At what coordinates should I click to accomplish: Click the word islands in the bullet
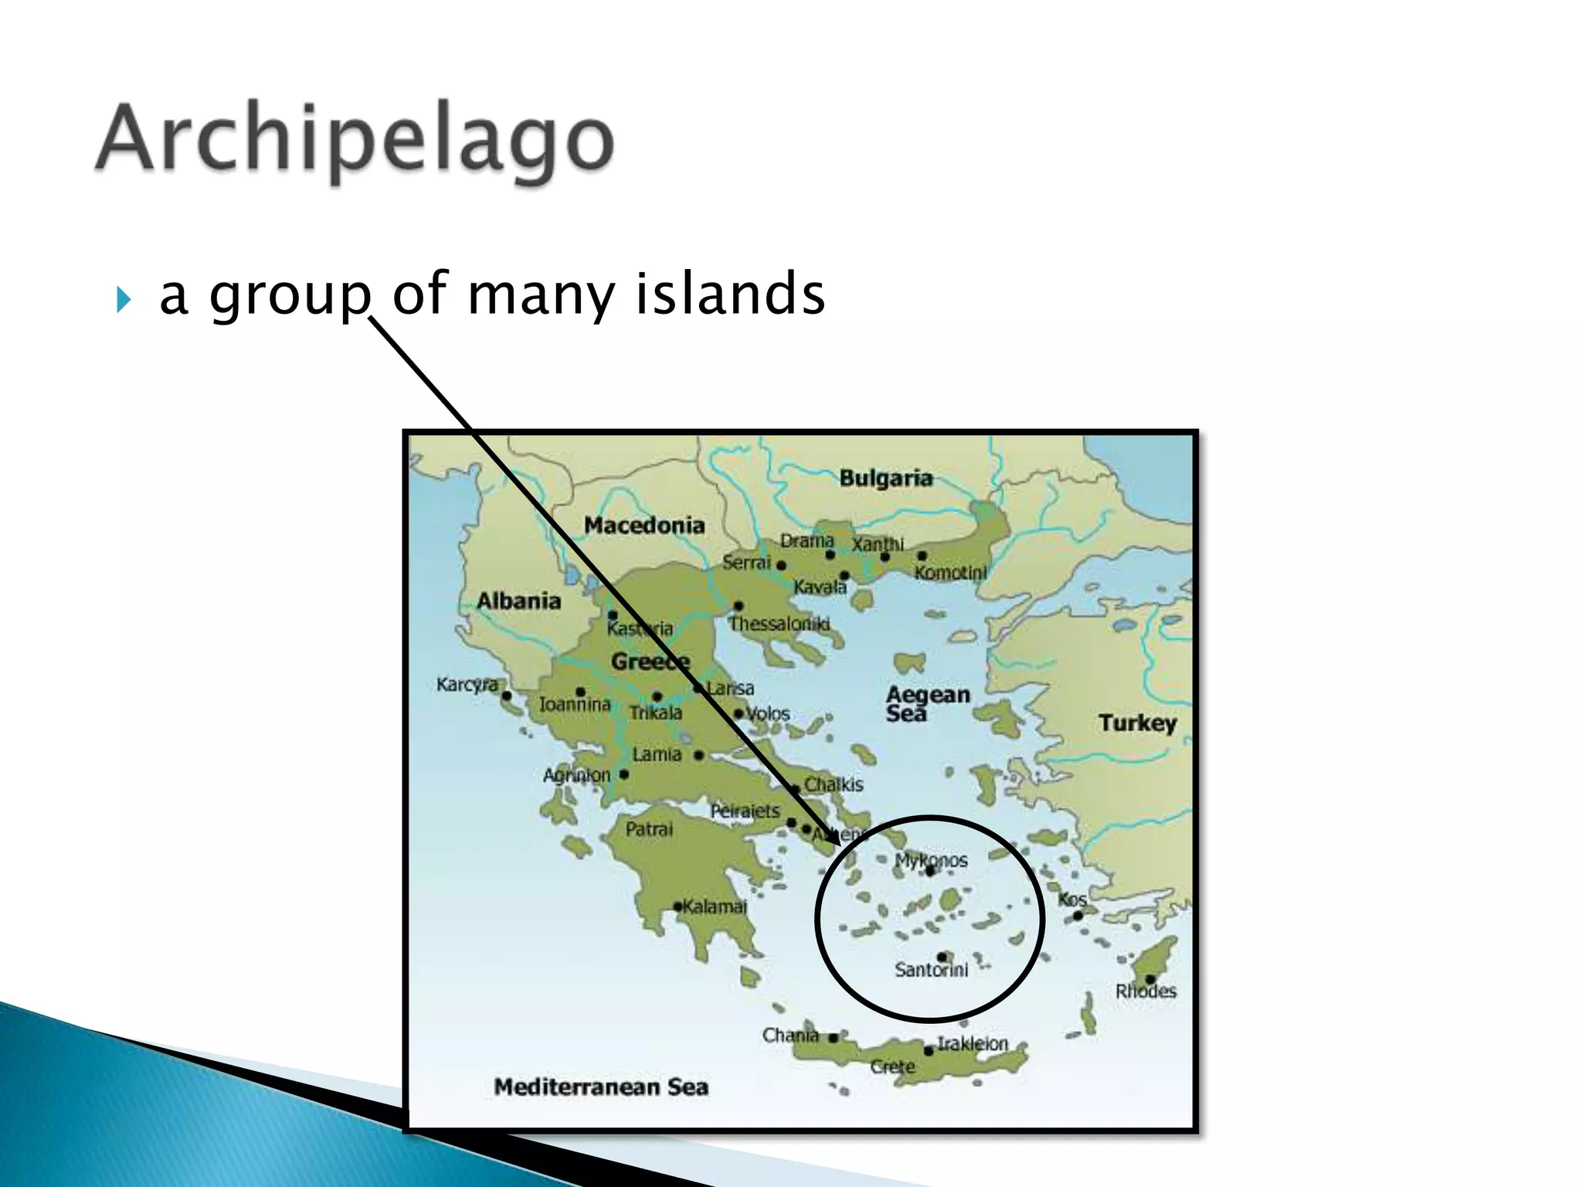(729, 294)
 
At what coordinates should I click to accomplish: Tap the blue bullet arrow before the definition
(124, 299)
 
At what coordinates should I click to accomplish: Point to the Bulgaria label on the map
(885, 478)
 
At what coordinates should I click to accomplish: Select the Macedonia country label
(644, 525)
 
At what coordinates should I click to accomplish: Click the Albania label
(518, 600)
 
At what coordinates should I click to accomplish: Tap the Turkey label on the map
(1137, 723)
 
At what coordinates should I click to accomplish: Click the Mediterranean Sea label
(601, 1087)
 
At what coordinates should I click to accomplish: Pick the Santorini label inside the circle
(931, 970)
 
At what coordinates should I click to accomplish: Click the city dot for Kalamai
(677, 906)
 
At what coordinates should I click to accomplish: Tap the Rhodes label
(1146, 991)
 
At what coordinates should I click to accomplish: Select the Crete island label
(892, 1067)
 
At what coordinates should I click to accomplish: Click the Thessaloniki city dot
(738, 606)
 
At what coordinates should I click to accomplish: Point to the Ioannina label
(575, 705)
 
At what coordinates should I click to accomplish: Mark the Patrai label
(649, 830)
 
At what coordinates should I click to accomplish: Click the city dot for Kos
(1078, 916)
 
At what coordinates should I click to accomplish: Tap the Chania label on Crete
(789, 1035)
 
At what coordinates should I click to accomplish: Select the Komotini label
(950, 573)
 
